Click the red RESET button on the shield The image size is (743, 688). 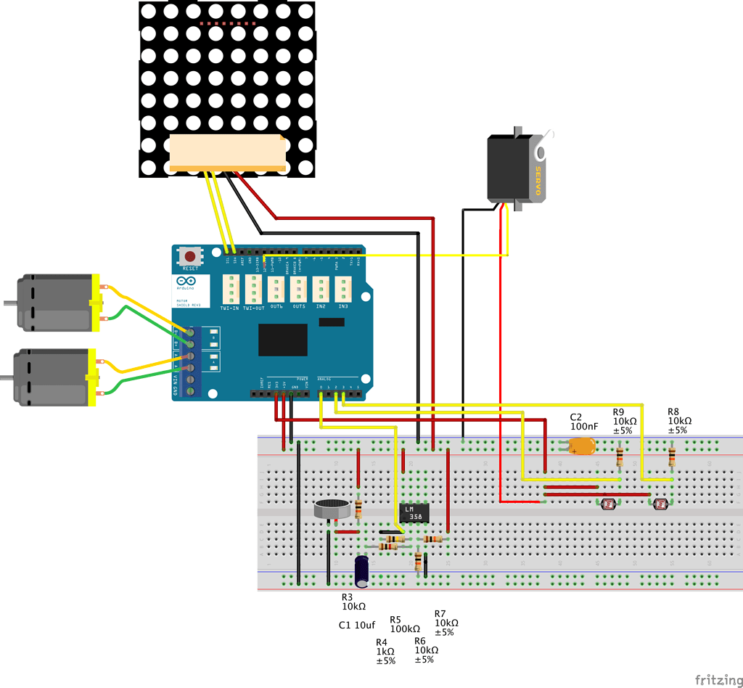pos(191,257)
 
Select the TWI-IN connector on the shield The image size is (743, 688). pos(230,290)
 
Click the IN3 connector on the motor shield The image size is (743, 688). pos(342,290)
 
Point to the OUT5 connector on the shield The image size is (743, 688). pos(298,290)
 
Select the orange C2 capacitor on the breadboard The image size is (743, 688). pos(581,446)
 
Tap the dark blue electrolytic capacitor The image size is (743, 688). pos(362,572)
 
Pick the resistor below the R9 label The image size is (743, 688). pos(620,456)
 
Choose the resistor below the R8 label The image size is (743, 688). pos(672,456)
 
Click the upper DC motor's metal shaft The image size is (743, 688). pos(9,303)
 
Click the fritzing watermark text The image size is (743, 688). pos(718,679)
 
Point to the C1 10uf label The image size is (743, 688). pos(357,625)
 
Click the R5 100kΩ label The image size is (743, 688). pos(405,624)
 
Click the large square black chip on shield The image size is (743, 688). pos(283,340)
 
